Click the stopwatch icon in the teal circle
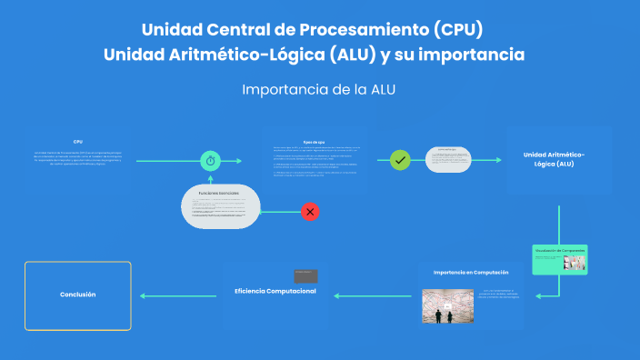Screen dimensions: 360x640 tap(210, 160)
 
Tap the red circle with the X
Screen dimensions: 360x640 tap(310, 212)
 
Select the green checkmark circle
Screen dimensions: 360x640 tap(399, 160)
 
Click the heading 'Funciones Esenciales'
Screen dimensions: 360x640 tap(218, 194)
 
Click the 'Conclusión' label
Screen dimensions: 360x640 tap(77, 295)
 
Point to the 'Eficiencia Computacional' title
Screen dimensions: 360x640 tap(275, 291)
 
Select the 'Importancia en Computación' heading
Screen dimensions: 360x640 tap(471, 272)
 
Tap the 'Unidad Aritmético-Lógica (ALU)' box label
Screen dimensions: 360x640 tap(555, 160)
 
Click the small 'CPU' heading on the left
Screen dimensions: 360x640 tap(78, 142)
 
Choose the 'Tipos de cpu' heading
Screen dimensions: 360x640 tap(314, 141)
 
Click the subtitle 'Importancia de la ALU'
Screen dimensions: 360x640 tap(319, 90)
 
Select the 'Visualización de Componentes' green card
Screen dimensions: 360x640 tap(560, 259)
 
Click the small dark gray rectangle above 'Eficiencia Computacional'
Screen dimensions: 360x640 tap(305, 275)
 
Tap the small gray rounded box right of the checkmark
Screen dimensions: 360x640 tap(448, 160)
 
